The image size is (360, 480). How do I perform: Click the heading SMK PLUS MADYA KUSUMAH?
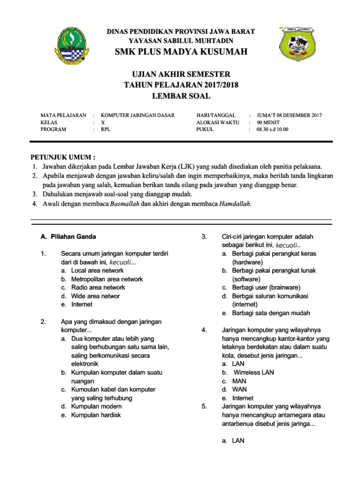point(181,52)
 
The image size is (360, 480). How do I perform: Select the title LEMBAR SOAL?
point(181,96)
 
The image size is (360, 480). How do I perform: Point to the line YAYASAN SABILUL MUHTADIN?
point(181,40)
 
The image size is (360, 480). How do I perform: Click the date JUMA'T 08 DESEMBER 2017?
point(289,115)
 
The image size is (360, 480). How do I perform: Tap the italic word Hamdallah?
point(235,203)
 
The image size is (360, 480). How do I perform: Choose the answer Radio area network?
point(98,287)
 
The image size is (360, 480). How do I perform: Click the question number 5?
point(204,406)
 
